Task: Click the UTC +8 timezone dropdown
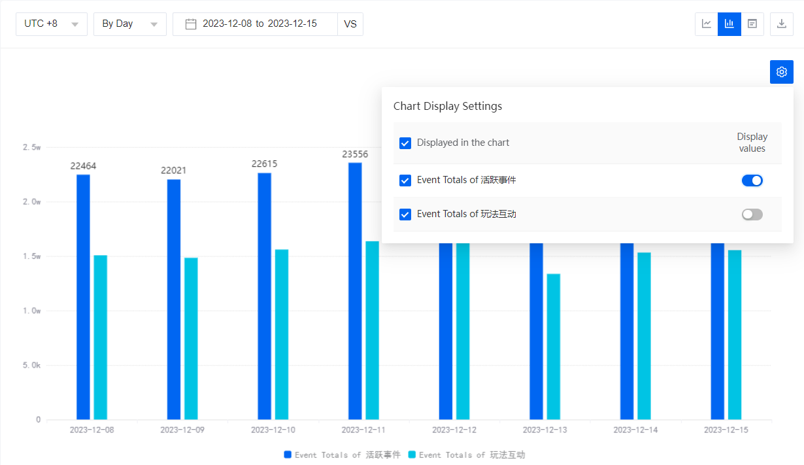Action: [x=51, y=24]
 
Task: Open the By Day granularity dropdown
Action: [x=129, y=24]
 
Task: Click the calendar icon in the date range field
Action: [x=191, y=24]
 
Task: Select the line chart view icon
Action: [x=707, y=24]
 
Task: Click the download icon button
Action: [x=781, y=24]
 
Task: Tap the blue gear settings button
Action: [x=781, y=72]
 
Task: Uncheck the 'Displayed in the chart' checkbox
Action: [x=405, y=143]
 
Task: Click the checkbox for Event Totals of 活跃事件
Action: [x=405, y=180]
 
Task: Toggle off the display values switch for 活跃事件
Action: [x=752, y=181]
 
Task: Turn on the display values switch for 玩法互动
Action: [x=752, y=215]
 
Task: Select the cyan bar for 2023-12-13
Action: [x=554, y=346]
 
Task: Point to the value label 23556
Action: [x=355, y=154]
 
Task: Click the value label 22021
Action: [x=174, y=171]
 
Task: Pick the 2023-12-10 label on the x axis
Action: [x=273, y=430]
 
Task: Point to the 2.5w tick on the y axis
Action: [x=31, y=148]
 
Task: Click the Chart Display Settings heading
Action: [x=448, y=106]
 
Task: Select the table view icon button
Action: [x=752, y=24]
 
